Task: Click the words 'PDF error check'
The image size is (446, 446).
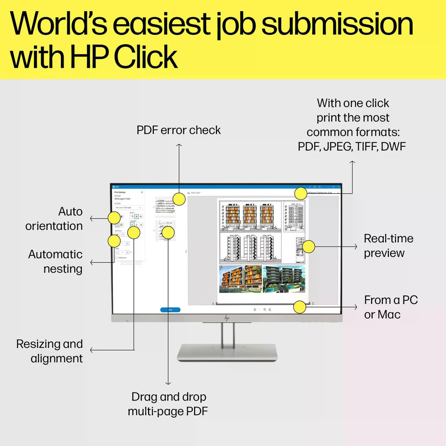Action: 178,130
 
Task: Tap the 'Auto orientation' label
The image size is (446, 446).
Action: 54,219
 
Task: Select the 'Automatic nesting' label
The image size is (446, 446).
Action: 56,262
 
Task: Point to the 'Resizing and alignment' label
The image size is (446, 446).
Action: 50,351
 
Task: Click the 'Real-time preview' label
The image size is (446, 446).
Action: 388,246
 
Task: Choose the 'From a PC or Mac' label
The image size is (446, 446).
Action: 391,307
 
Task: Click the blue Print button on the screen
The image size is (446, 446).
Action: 170,309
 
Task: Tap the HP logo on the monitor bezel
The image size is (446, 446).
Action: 227,318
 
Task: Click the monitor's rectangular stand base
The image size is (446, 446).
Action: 227,352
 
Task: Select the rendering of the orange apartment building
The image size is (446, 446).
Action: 240,279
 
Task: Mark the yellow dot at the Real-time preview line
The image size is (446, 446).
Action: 309,247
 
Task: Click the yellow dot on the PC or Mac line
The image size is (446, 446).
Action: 300,307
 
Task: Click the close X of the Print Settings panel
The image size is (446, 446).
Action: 142,192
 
